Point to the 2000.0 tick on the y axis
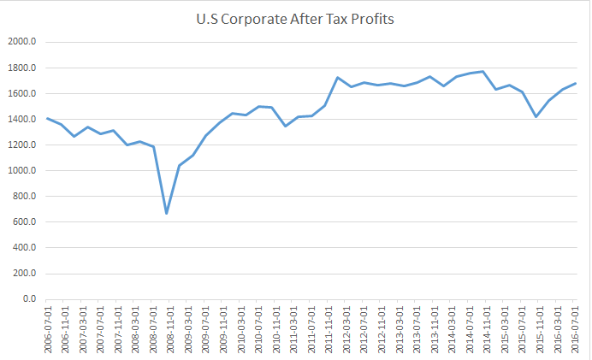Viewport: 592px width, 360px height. coord(20,42)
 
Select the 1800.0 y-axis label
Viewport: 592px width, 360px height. coord(20,68)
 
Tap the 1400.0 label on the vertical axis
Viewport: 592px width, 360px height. coord(20,120)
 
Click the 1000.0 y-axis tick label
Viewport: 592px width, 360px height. coord(20,171)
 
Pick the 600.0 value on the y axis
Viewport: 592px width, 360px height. coord(21,222)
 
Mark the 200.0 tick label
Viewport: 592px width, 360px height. coord(21,274)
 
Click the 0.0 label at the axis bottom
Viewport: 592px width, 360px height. coord(26,300)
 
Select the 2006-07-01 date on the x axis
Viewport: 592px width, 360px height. coord(47,328)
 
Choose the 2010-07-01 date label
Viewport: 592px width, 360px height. coord(259,328)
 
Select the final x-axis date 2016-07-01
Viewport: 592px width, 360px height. coord(575,328)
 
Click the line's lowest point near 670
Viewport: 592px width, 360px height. coord(167,214)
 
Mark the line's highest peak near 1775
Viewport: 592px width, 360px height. coord(482,72)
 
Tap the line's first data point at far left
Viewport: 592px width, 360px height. coord(47,119)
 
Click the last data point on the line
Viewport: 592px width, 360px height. coord(575,84)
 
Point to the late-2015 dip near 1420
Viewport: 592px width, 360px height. coord(536,116)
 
